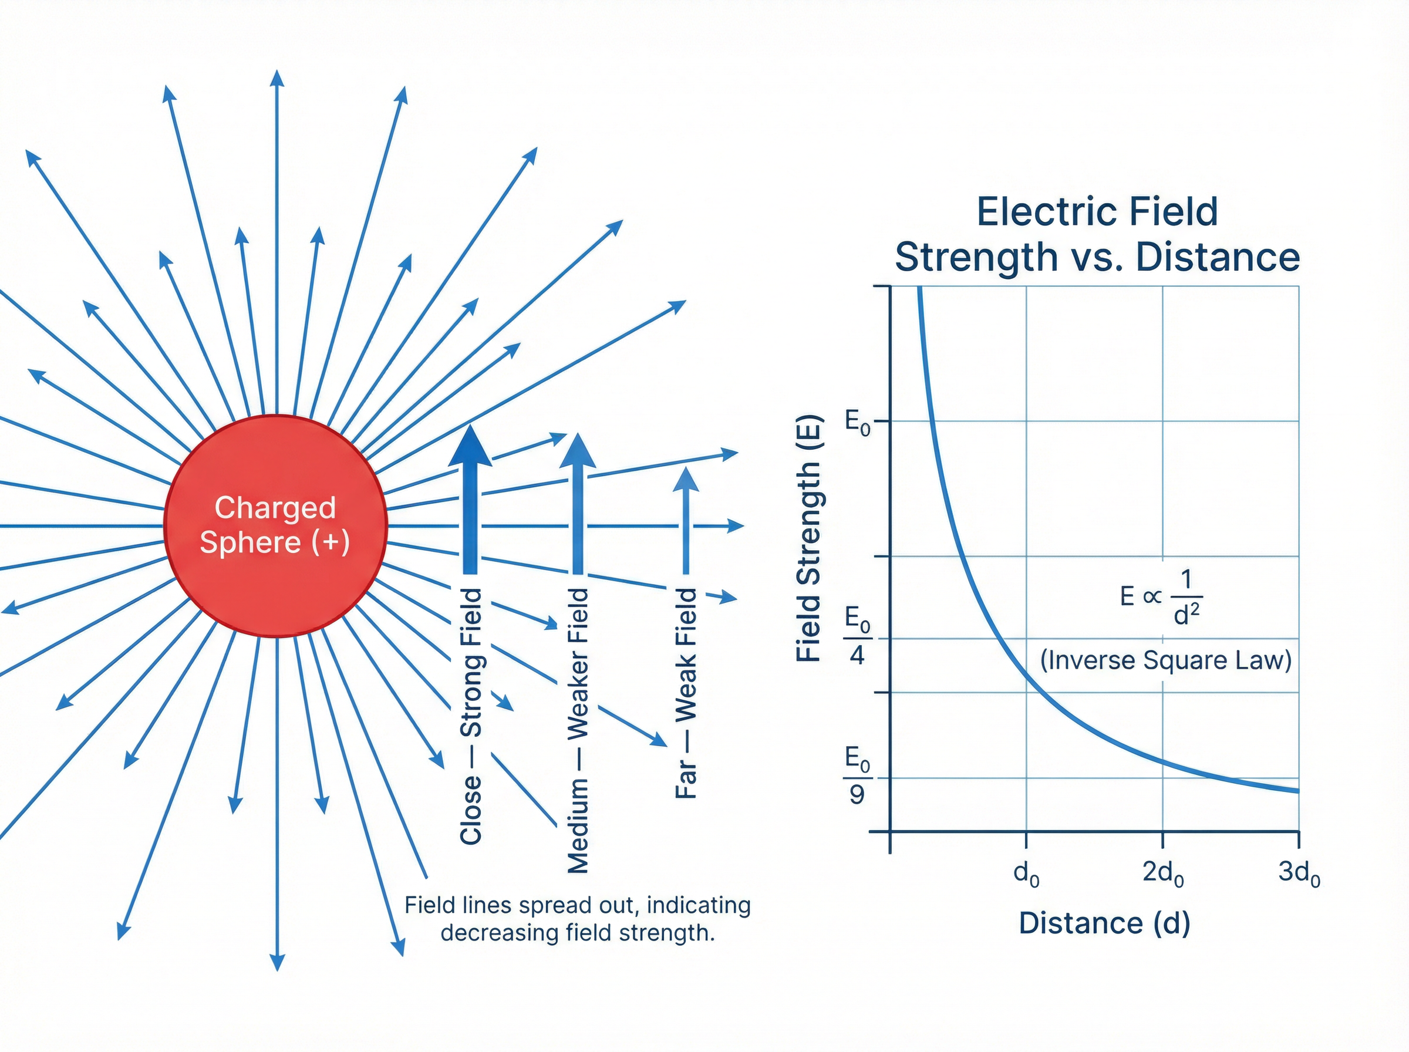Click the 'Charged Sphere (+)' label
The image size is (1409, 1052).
(275, 525)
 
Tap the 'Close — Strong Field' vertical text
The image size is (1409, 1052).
(471, 716)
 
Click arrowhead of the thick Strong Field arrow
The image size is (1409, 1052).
(470, 446)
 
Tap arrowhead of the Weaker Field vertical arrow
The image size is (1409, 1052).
(577, 452)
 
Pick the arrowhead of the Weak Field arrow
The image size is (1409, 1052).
(686, 481)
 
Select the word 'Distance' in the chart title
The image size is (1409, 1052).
(1218, 257)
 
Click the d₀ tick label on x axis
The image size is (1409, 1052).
(1026, 873)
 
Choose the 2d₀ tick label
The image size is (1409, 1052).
(1162, 873)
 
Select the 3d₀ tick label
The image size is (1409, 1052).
(1299, 873)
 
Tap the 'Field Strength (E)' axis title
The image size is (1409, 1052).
(808, 538)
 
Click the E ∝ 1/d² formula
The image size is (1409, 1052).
(1160, 596)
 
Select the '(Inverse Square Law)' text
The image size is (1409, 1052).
(1165, 660)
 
